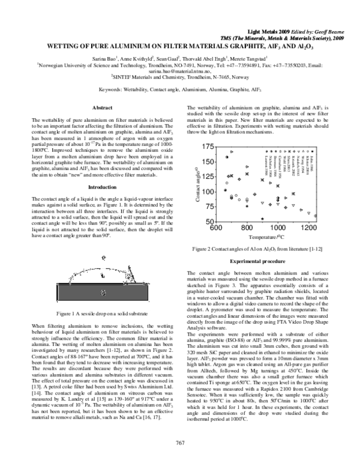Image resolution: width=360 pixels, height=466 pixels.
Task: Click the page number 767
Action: pyautogui.click(x=179, y=443)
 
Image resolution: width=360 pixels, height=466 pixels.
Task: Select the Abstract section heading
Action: pyautogui.click(x=101, y=107)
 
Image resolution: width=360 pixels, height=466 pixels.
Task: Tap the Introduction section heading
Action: pyautogui.click(x=101, y=188)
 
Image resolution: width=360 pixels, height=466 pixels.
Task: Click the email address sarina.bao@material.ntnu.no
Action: pyautogui.click(x=179, y=71)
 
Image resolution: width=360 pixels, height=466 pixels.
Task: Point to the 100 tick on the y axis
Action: pyautogui.click(x=207, y=192)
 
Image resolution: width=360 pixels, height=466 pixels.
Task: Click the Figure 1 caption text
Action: pyautogui.click(x=101, y=313)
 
